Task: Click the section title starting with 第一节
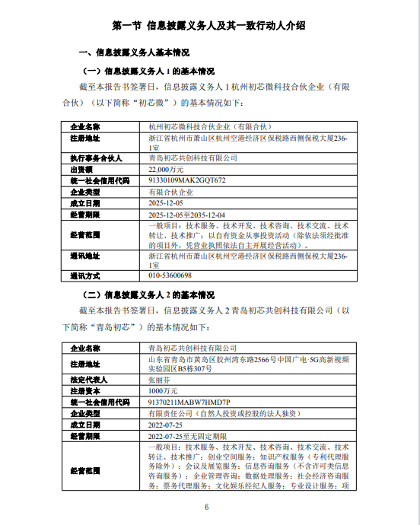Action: pyautogui.click(x=209, y=25)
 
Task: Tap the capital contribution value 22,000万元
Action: pyautogui.click(x=166, y=170)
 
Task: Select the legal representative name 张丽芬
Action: pyautogui.click(x=158, y=378)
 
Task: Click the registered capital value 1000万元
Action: pyautogui.click(x=162, y=390)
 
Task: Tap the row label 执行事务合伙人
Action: pyautogui.click(x=96, y=157)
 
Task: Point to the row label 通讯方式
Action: pyautogui.click(x=86, y=275)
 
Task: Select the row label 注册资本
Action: pyautogui.click(x=86, y=390)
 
